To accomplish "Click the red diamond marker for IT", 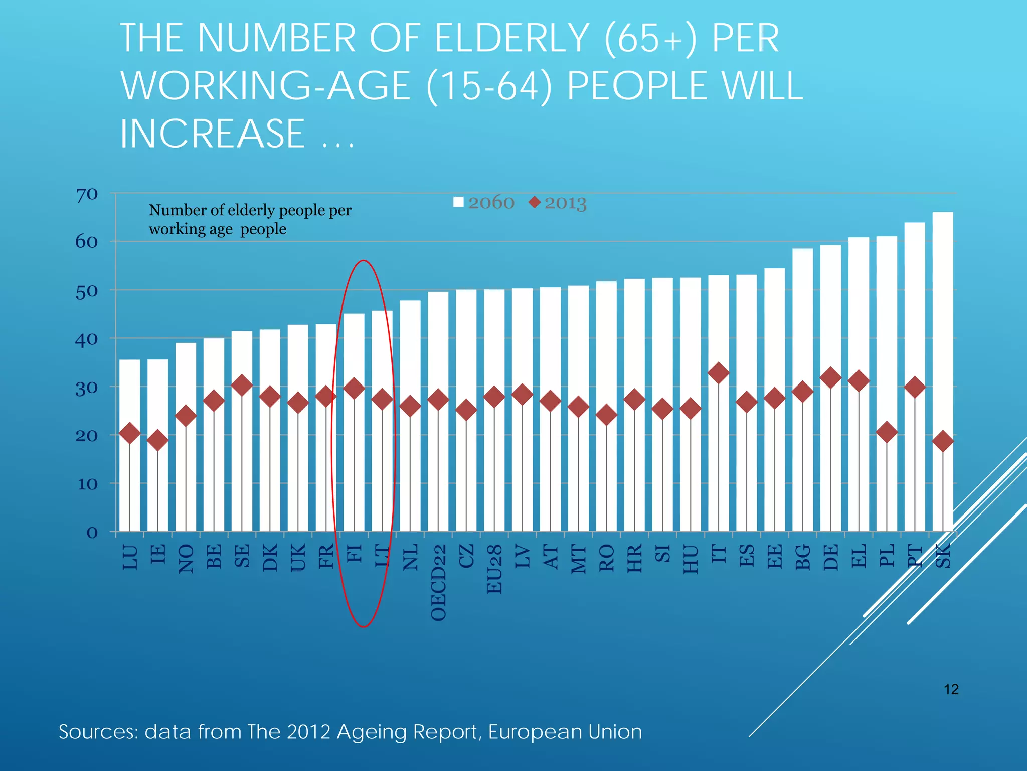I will (718, 373).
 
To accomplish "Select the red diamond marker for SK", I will (942, 441).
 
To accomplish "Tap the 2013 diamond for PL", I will (886, 432).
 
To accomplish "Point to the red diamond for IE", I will (157, 440).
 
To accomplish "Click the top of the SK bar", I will (942, 213).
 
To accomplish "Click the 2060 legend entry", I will (484, 203).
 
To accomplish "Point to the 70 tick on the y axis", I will (87, 195).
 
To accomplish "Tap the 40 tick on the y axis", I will (87, 340).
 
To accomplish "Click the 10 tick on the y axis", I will (87, 484).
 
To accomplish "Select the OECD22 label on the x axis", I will (438, 583).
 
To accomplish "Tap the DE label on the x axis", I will (830, 557).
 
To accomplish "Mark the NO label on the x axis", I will (186, 559).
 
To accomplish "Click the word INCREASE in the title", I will (213, 134).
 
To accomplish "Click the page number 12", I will (951, 689).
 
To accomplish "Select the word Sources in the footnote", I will (98, 732).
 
